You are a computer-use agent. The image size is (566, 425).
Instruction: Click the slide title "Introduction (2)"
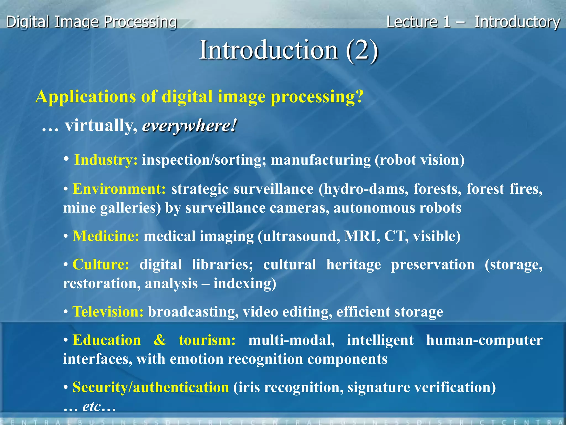(289, 50)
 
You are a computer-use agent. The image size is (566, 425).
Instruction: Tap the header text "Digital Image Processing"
(91, 22)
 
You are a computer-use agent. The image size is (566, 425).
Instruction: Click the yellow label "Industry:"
(106, 160)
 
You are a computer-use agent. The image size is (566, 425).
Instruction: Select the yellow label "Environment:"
(119, 189)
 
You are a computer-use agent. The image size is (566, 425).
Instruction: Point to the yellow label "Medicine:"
(106, 236)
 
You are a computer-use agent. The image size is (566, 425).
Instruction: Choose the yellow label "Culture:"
(101, 265)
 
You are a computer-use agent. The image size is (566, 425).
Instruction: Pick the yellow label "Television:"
(108, 312)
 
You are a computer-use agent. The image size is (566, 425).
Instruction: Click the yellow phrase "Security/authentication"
(151, 387)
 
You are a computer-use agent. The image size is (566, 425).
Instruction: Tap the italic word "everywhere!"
(190, 126)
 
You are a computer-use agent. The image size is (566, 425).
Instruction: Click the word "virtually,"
(101, 126)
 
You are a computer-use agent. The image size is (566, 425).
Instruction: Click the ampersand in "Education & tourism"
(160, 340)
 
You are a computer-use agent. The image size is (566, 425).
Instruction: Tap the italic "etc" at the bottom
(91, 406)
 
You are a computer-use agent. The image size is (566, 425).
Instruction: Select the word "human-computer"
(484, 340)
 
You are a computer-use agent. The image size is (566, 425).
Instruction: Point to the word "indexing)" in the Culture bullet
(245, 284)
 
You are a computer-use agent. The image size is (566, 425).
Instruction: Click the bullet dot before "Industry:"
(66, 159)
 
